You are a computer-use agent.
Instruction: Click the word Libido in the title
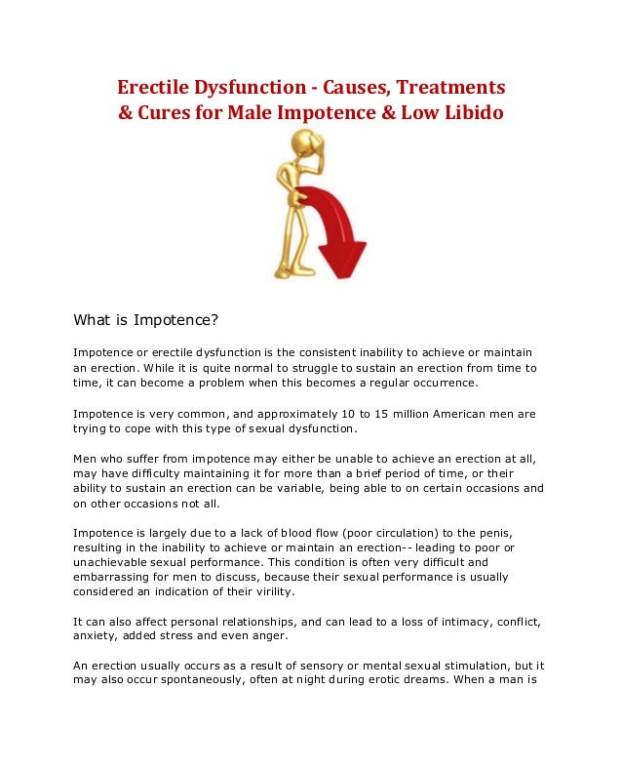pyautogui.click(x=472, y=112)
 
